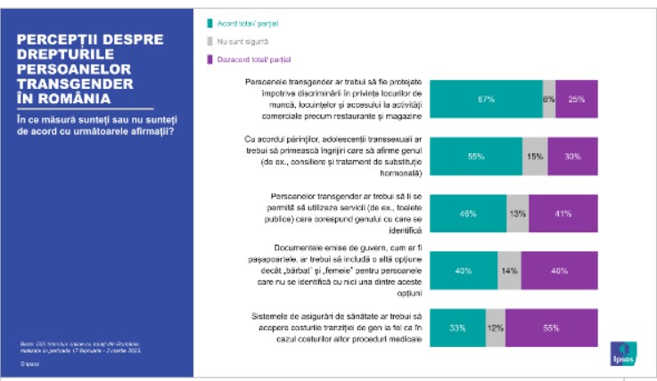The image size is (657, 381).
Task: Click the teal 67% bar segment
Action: click(487, 100)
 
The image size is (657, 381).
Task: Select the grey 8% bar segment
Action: click(548, 100)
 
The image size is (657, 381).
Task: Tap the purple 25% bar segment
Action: click(576, 100)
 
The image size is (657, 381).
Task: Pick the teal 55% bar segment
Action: click(476, 157)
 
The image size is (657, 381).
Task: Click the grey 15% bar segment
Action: click(535, 157)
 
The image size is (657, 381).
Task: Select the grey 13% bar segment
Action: click(518, 214)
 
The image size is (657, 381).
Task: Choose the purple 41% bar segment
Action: click(563, 214)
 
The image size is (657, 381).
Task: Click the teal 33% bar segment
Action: click(458, 328)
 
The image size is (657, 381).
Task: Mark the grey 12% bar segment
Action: click(496, 328)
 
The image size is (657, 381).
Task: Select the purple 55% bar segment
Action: click(551, 328)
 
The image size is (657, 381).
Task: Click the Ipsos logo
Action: click(620, 353)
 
